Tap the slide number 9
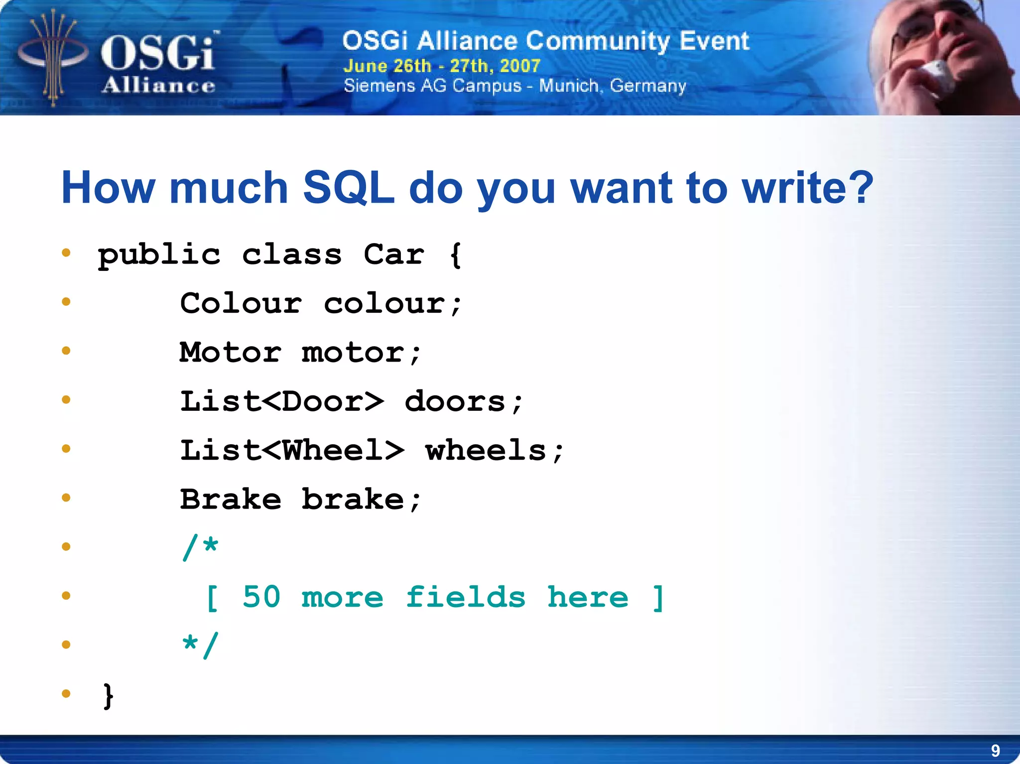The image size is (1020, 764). [995, 750]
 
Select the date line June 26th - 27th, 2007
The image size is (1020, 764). [442, 66]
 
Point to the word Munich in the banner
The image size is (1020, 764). [568, 86]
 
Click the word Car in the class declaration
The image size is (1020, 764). [393, 255]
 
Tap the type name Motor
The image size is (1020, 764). [231, 352]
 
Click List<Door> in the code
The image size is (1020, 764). [282, 401]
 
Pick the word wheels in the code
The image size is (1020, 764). [486, 450]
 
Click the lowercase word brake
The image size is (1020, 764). [353, 499]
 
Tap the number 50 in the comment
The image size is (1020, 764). [261, 597]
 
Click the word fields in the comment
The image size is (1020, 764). [466, 597]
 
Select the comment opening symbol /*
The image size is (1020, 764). [200, 547]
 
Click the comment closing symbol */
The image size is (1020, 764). [200, 645]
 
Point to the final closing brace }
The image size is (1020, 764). [108, 695]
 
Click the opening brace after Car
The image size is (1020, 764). [455, 255]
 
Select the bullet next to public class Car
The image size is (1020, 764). [66, 253]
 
